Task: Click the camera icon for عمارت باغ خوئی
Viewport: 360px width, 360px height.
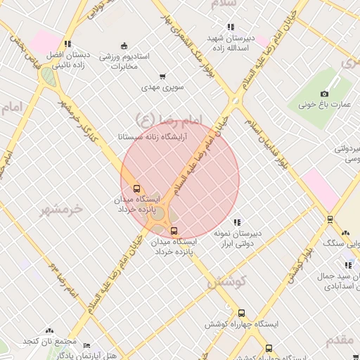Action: [324, 94]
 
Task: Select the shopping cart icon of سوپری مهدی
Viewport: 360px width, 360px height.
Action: [163, 76]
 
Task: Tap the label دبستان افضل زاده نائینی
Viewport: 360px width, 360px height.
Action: [68, 58]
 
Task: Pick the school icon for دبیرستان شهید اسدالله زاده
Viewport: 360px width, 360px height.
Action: [231, 27]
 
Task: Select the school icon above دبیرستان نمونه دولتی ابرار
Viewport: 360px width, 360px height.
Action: [237, 222]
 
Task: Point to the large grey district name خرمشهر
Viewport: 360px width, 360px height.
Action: [62, 209]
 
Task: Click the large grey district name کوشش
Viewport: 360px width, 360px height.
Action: [226, 281]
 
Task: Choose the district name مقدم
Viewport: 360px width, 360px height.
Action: [340, 340]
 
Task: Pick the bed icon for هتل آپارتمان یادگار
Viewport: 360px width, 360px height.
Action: [86, 346]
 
